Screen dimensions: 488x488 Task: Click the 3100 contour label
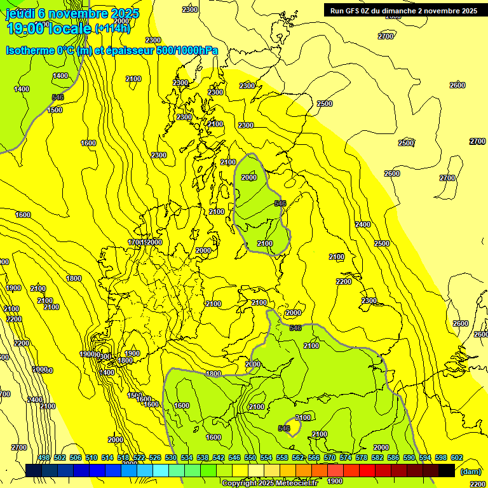pos(303,417)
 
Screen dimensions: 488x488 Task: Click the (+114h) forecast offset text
pos(112,28)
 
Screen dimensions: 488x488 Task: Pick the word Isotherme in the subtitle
pos(29,51)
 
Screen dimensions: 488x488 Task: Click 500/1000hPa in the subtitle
pos(187,51)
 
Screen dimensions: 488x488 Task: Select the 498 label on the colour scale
pos(44,457)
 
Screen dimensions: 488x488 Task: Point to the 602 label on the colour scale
pos(457,457)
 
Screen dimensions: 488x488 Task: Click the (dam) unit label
pos(470,471)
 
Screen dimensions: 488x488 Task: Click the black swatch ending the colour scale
pos(447,470)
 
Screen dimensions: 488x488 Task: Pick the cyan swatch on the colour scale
pos(161,470)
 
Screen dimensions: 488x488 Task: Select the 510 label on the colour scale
pos(91,457)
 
